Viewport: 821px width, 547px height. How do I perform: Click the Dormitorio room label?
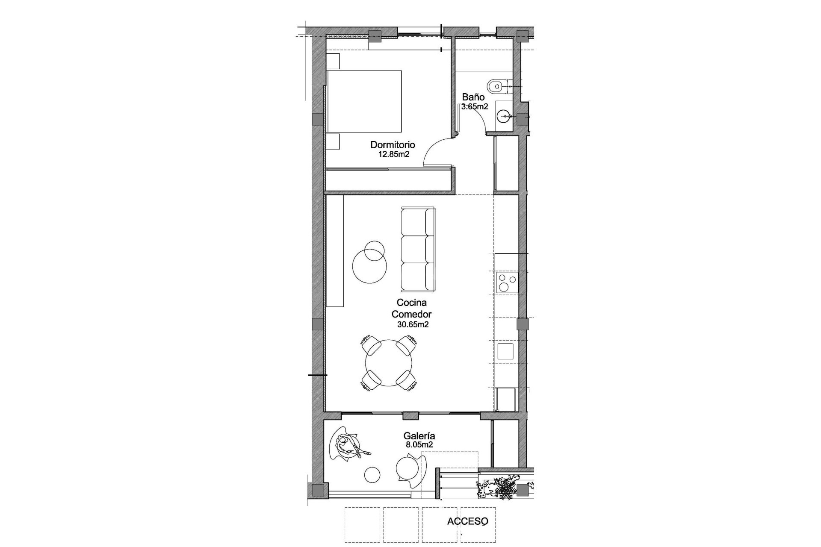point(393,145)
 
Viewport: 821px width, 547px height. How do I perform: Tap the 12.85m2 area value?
point(393,154)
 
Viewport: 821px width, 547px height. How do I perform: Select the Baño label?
point(473,97)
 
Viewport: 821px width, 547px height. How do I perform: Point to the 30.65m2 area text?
point(413,324)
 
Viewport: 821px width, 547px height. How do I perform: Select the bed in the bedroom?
point(364,101)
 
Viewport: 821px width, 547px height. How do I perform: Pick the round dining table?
point(389,363)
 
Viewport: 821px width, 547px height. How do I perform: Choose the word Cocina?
point(411,303)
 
